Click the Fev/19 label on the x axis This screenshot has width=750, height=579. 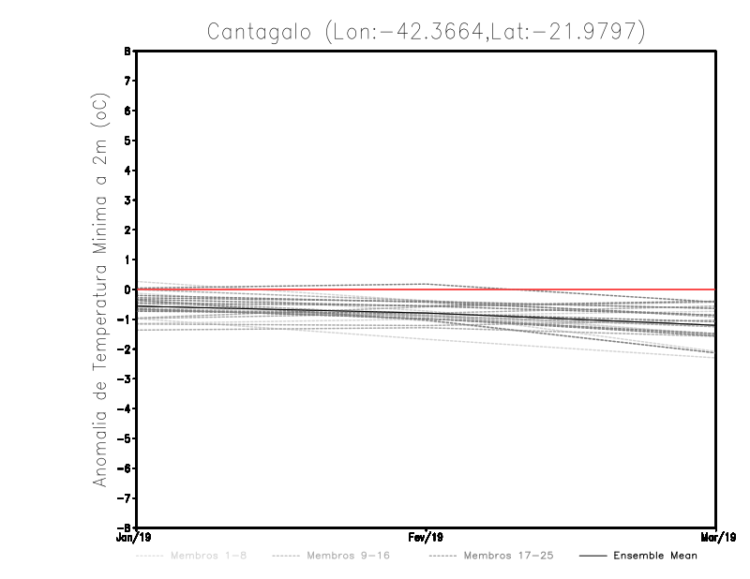[426, 537]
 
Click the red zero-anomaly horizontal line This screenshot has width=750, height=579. [562, 289]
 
